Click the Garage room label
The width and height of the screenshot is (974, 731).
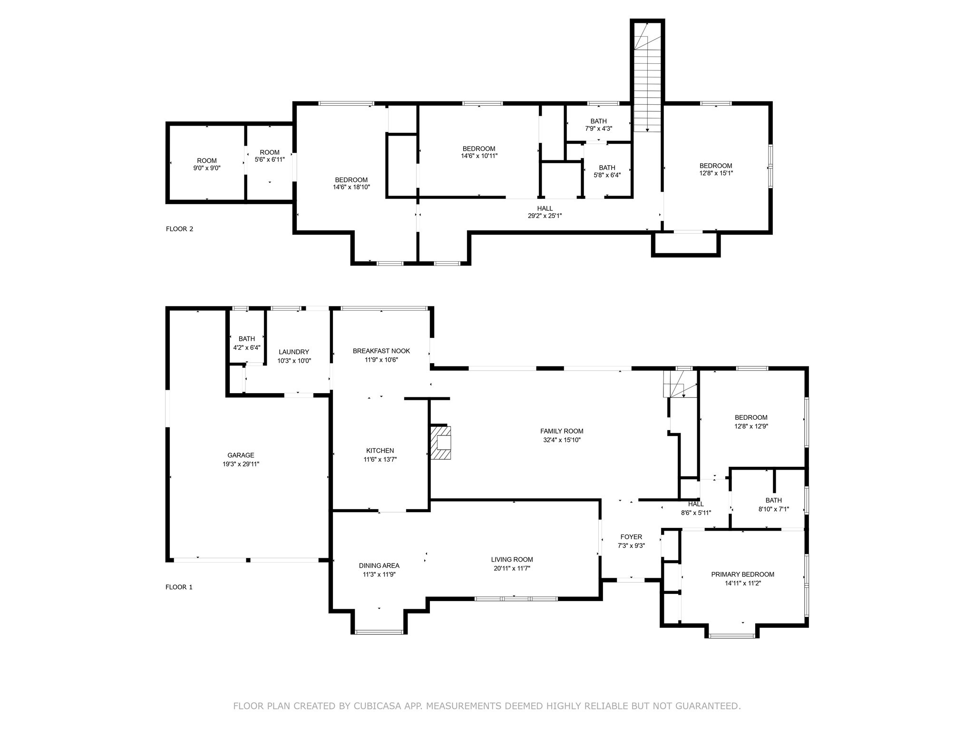241,455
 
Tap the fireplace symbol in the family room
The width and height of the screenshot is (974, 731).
441,443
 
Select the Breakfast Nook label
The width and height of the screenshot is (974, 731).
381,351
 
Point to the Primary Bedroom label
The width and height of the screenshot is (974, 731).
742,574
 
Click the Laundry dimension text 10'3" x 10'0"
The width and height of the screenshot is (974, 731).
294,361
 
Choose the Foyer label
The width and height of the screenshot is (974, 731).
631,537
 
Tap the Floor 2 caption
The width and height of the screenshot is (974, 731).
179,229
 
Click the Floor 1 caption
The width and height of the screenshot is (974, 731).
179,587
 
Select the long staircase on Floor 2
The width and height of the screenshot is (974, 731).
647,76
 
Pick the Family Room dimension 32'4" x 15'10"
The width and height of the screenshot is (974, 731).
562,440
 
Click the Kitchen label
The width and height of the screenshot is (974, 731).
380,451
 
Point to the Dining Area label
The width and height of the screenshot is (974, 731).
379,566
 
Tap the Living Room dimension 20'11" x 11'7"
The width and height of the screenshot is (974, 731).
512,568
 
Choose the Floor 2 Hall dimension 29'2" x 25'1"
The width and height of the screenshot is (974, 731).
545,216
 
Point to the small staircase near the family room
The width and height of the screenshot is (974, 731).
680,384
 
